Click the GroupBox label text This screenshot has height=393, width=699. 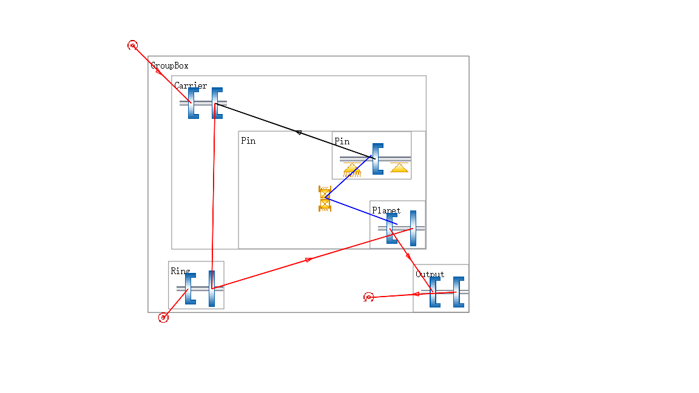(x=169, y=65)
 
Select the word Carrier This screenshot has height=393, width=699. (x=191, y=86)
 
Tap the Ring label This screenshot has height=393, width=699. (x=180, y=271)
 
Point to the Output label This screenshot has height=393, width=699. (x=430, y=274)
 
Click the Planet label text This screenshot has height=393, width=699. (x=386, y=210)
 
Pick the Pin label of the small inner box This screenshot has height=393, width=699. (x=342, y=141)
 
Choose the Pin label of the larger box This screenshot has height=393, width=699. (x=248, y=141)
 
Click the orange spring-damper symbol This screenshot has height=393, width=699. (x=325, y=198)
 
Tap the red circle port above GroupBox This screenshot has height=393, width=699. (x=132, y=45)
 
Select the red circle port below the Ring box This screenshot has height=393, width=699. (x=163, y=317)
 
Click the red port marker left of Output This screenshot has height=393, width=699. (x=368, y=297)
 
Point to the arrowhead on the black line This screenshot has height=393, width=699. (x=299, y=132)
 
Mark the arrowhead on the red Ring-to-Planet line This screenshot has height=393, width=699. (x=309, y=260)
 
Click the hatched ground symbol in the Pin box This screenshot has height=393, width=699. (x=352, y=169)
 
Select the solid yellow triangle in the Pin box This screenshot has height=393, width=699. (x=399, y=167)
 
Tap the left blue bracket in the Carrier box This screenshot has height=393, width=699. (x=193, y=102)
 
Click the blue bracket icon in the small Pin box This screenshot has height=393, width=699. (x=377, y=158)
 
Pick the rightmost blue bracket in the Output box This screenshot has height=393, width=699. (x=458, y=291)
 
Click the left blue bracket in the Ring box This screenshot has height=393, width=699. (x=191, y=288)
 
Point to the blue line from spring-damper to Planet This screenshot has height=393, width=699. (x=361, y=211)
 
